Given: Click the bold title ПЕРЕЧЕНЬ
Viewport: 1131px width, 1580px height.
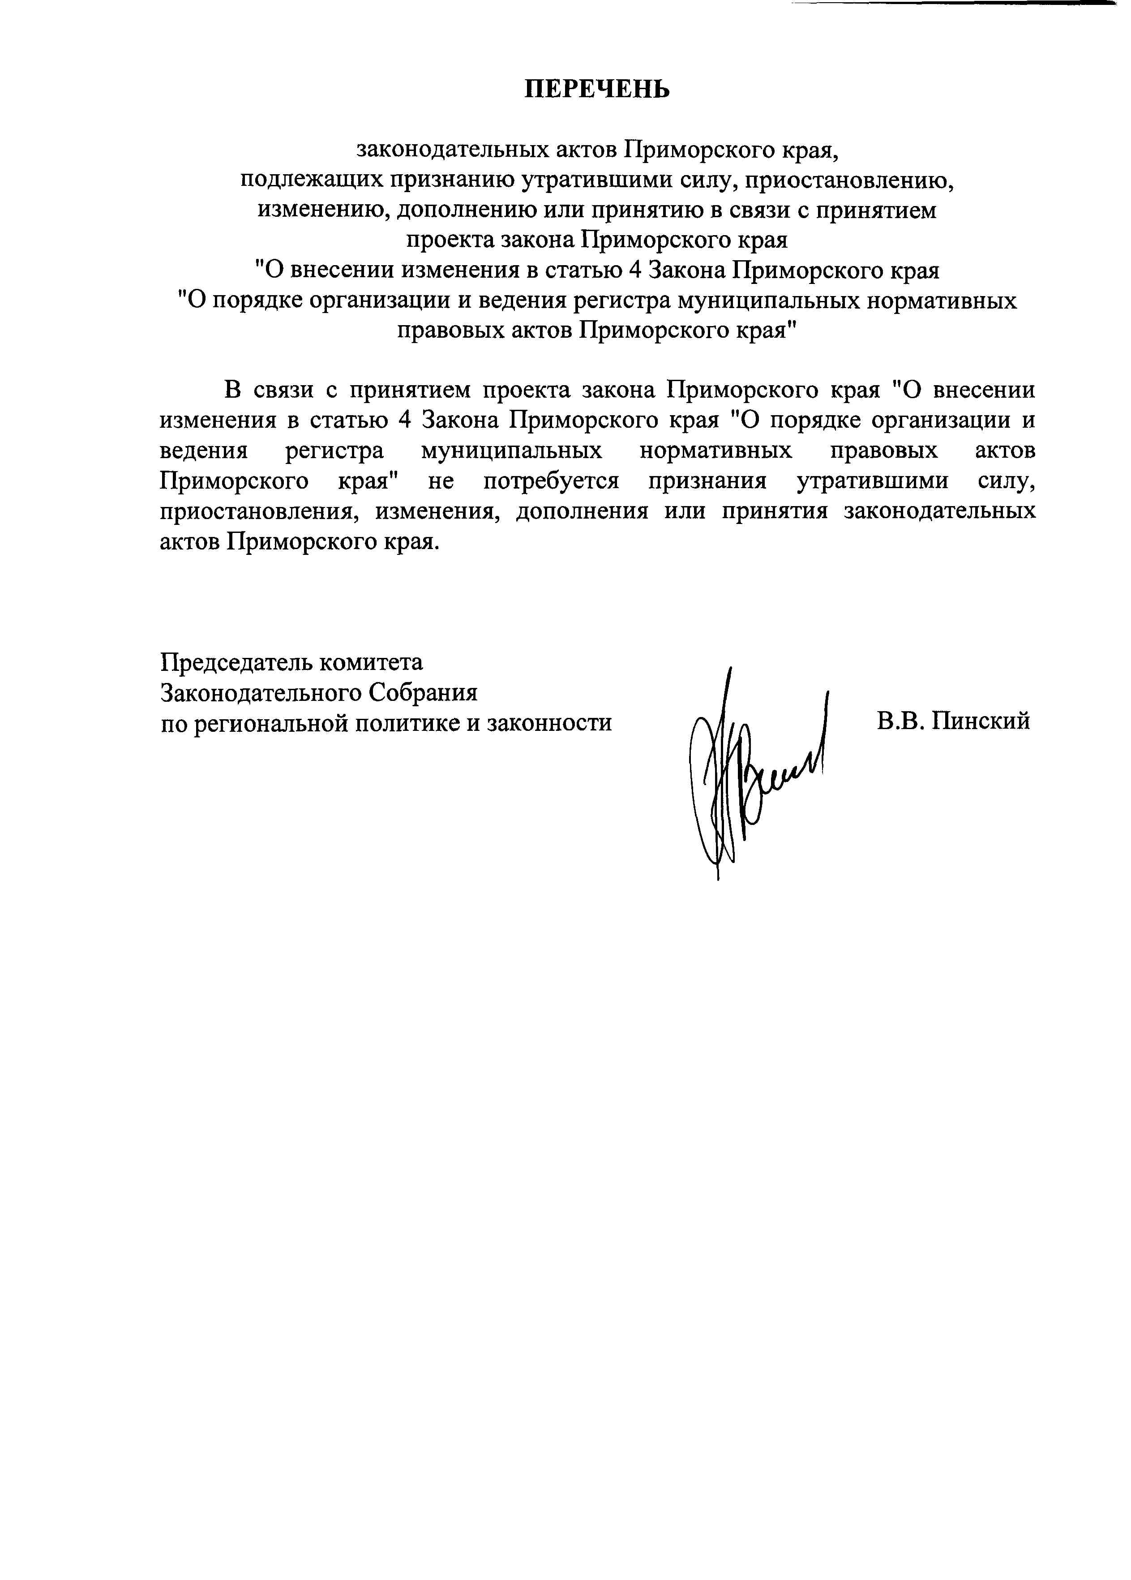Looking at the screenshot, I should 597,89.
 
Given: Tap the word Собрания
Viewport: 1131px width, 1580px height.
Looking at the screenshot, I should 423,692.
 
